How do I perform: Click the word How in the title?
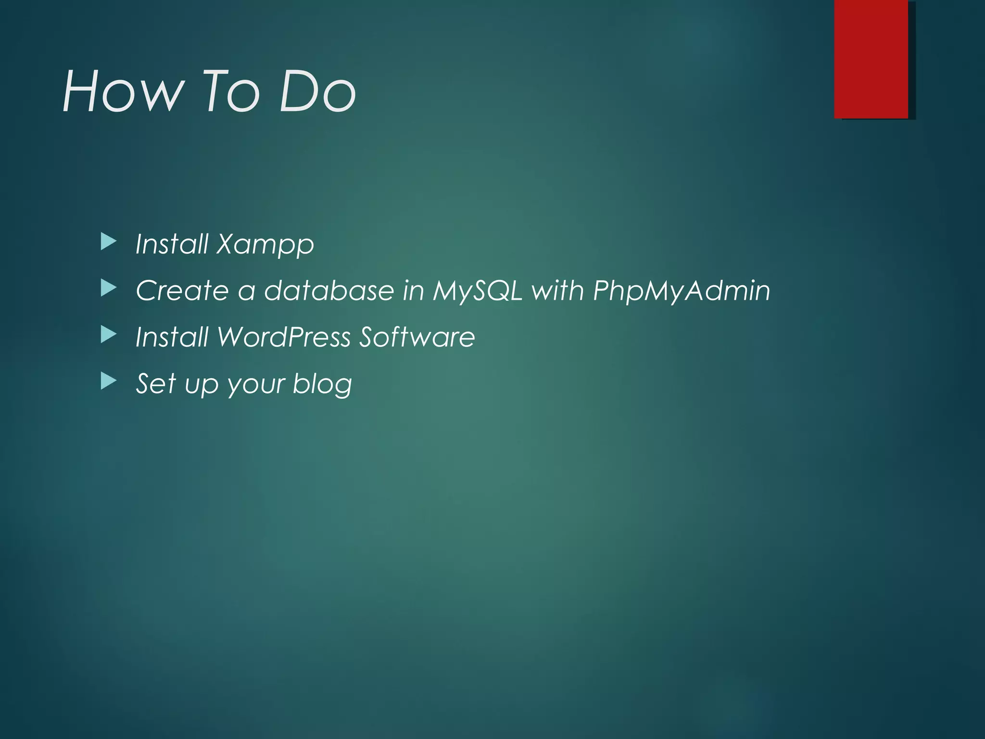pyautogui.click(x=123, y=91)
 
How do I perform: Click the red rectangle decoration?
pyautogui.click(x=871, y=59)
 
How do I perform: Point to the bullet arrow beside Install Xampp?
pyautogui.click(x=109, y=242)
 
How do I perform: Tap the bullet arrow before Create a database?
pyautogui.click(x=109, y=289)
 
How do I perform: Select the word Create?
pyautogui.click(x=182, y=291)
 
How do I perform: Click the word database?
pyautogui.click(x=329, y=291)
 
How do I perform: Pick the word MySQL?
pyautogui.click(x=477, y=292)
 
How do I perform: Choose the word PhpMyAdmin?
pyautogui.click(x=681, y=292)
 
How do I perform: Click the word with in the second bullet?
pyautogui.click(x=557, y=291)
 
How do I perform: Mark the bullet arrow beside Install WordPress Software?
pyautogui.click(x=109, y=335)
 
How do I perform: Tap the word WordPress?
pyautogui.click(x=284, y=337)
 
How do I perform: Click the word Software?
pyautogui.click(x=417, y=337)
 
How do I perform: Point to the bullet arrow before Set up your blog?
pyautogui.click(x=109, y=382)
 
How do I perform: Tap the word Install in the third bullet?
pyautogui.click(x=172, y=337)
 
